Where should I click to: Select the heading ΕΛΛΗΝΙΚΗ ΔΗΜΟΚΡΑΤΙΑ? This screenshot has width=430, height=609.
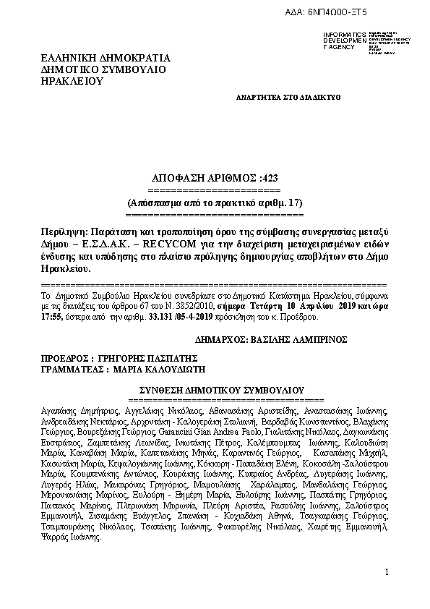106,58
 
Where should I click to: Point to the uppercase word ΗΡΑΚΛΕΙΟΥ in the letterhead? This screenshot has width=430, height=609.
72,81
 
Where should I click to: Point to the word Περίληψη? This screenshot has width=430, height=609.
61,231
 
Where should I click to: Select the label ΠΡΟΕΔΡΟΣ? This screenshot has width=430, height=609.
65,358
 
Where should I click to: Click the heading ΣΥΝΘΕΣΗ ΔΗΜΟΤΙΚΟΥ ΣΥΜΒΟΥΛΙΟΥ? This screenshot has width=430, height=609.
215,388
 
